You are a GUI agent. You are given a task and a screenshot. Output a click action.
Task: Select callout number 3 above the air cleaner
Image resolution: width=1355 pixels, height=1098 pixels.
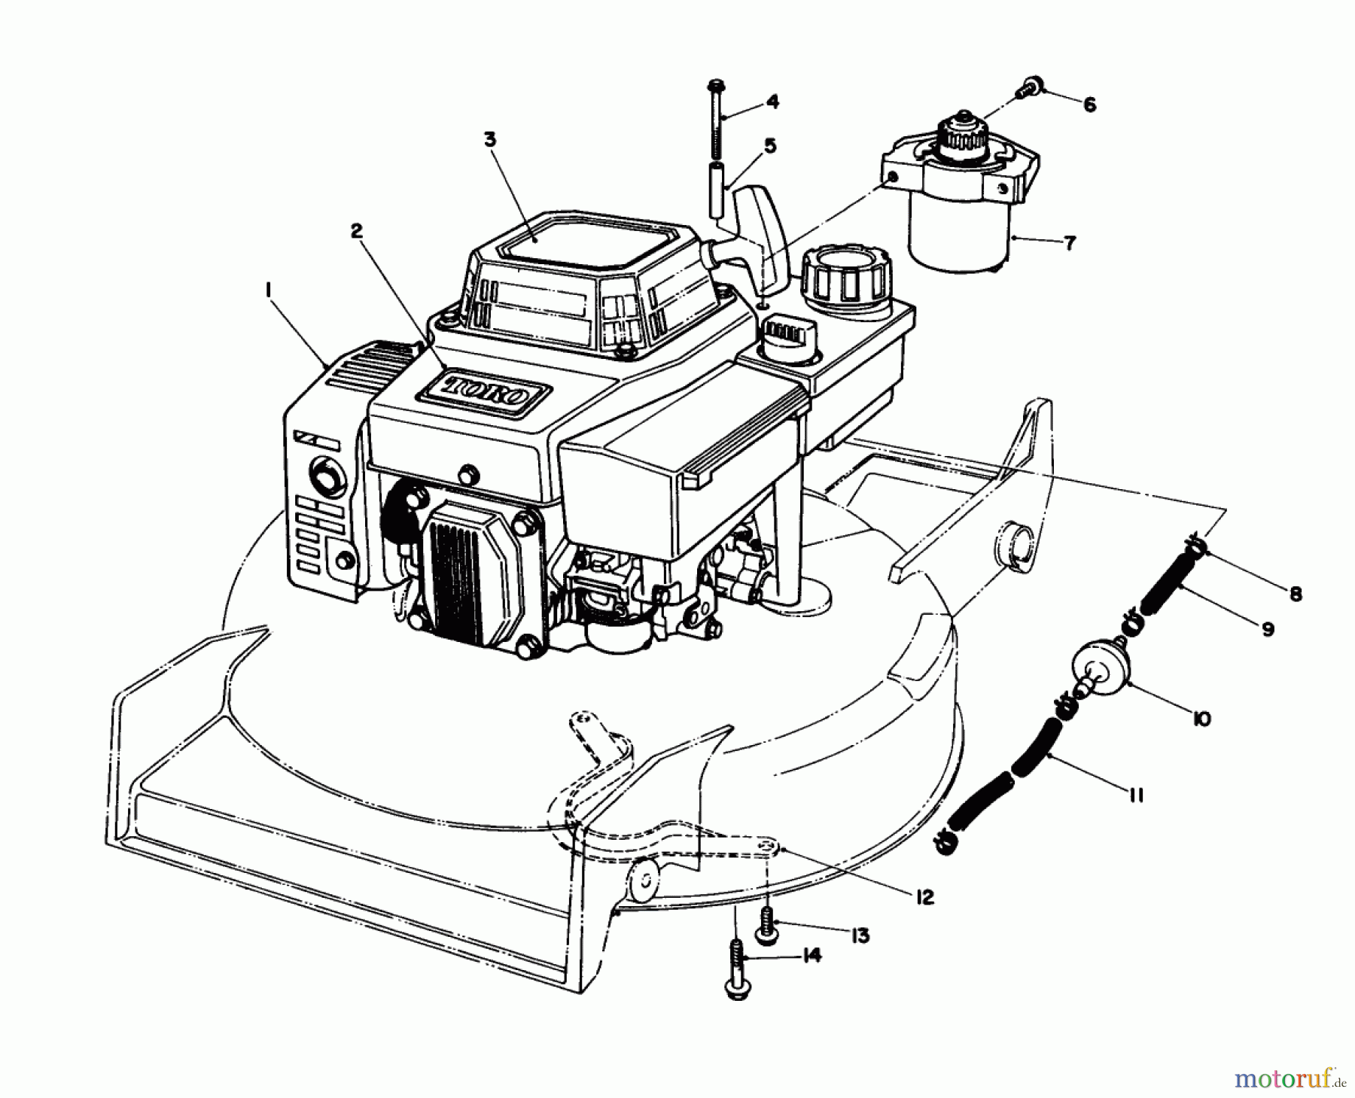coord(490,140)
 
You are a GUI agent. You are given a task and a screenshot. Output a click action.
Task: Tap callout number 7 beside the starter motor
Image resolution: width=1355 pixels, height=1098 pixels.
coord(1069,242)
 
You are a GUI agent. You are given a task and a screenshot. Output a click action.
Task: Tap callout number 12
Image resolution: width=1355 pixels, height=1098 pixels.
coord(924,897)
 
